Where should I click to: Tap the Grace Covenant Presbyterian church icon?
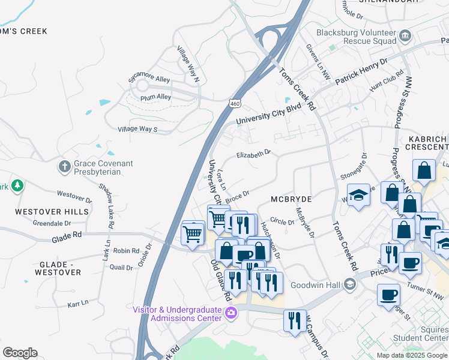(65, 165)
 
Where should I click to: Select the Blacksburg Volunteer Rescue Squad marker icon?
(405, 36)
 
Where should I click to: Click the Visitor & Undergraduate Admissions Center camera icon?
(230, 313)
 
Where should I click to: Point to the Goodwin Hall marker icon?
(350, 285)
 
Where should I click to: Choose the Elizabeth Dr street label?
(253, 154)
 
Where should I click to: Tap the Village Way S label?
(137, 129)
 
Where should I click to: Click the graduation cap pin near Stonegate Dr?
(358, 195)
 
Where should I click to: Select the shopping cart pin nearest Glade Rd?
(193, 232)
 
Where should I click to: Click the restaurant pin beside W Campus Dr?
(294, 319)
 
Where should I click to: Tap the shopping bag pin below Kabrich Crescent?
(424, 170)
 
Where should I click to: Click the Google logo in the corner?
(20, 353)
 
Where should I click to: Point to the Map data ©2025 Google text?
(412, 355)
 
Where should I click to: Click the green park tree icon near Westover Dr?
(17, 186)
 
